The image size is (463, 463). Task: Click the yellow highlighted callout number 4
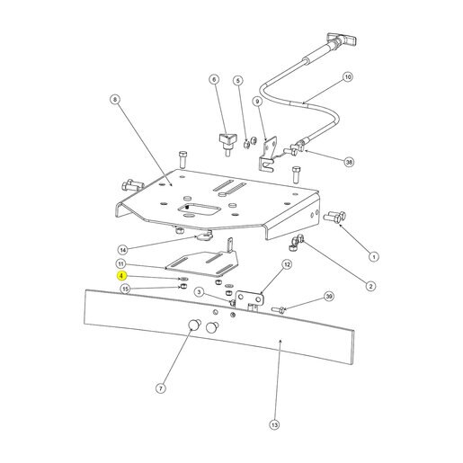[121, 276]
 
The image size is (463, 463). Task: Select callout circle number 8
[115, 99]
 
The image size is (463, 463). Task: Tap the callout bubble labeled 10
[348, 77]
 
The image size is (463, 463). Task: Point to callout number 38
[349, 162]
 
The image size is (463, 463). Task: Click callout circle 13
[274, 424]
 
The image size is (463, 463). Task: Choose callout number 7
[161, 388]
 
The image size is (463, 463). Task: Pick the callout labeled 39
[329, 297]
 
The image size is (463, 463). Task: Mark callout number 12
[287, 264]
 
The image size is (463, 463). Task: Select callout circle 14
[123, 250]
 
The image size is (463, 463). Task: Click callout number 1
[373, 257]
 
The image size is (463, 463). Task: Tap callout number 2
[370, 286]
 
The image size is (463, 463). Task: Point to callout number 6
[214, 79]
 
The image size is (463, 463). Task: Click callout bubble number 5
[238, 81]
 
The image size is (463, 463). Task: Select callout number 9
[257, 102]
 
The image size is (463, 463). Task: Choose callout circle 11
[120, 264]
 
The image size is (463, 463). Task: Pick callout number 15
[125, 289]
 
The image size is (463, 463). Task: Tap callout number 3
[200, 292]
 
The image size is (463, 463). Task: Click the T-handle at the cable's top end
[342, 39]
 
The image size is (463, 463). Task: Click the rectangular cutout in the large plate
[196, 209]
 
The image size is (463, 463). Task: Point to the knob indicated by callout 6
[227, 144]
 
